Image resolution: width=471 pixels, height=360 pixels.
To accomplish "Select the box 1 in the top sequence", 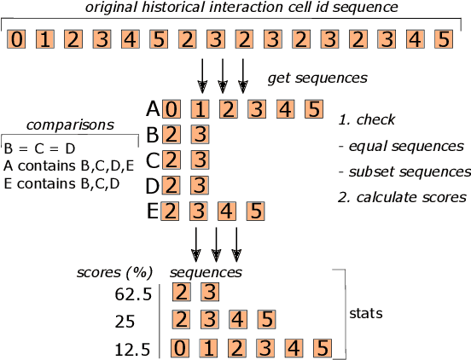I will tap(46, 40).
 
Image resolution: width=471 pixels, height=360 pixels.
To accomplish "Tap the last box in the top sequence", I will tap(442, 40).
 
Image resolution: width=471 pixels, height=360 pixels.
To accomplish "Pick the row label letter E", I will tap(154, 212).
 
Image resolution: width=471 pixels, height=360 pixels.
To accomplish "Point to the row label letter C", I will tap(154, 160).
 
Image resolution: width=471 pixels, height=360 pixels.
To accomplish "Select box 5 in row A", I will tap(313, 109).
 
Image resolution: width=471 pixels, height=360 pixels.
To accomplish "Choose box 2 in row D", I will tap(172, 186).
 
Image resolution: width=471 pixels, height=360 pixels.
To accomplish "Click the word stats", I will tap(366, 313).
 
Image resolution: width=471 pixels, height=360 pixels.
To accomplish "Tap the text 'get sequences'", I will tap(317, 78).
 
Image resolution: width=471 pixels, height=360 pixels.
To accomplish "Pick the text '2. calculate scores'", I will tap(401, 197).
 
